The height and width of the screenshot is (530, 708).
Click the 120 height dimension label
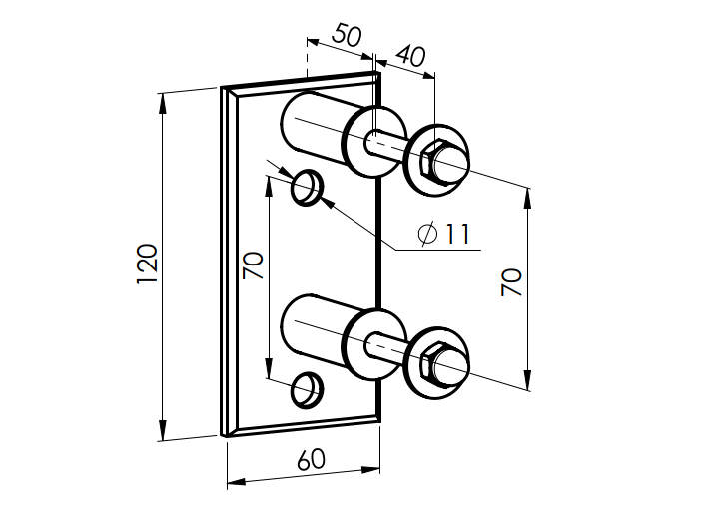pos(146,265)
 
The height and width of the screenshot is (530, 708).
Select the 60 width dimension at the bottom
pos(311,460)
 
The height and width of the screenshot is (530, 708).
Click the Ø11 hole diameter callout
pos(444,234)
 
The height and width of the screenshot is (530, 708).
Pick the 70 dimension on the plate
pos(253,266)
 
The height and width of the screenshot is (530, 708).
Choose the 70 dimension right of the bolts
pos(511,281)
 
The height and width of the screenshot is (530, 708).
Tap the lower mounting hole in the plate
pos(308,389)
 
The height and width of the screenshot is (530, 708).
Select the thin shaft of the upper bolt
pos(392,146)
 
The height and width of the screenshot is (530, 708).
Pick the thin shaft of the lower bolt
pos(391,349)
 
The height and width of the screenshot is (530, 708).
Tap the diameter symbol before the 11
pos(428,234)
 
